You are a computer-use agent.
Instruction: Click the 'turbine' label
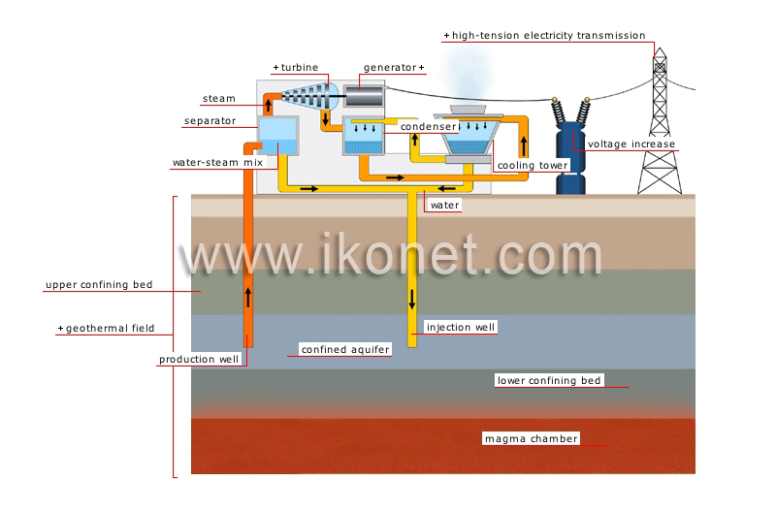pos(300,67)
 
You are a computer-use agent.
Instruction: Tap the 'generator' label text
pos(390,67)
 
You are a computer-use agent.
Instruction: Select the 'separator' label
pos(210,120)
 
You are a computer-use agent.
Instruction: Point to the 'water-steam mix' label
pos(217,162)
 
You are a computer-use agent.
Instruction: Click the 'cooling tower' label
pos(533,165)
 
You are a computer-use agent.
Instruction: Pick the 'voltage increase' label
pos(631,144)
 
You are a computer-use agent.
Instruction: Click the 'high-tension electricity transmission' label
pos(548,35)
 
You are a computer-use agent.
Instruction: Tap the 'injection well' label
pos(461,327)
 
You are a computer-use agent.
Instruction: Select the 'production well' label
pos(199,359)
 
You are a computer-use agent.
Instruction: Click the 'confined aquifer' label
pos(345,349)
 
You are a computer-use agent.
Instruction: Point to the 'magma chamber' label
pos(531,438)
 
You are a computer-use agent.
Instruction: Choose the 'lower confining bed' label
pos(549,380)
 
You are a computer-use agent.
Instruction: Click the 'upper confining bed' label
pos(99,284)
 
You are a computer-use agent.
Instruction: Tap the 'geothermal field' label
pos(110,328)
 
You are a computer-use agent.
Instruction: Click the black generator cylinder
pos(365,96)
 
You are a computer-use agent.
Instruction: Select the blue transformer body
pos(570,158)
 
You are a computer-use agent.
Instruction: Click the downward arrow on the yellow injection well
pos(411,300)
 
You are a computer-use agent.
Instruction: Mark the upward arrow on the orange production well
pos(248,298)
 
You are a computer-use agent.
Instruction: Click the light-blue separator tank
pos(278,136)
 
